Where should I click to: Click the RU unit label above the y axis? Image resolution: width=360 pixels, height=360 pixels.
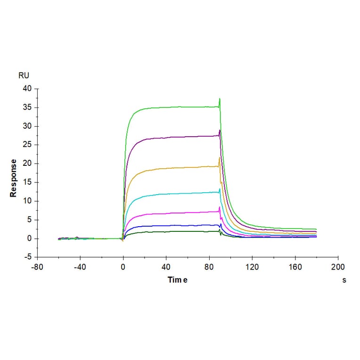tap(23, 75)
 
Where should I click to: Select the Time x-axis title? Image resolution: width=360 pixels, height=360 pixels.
tap(178, 280)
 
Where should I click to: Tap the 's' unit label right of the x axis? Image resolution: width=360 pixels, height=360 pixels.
tap(344, 280)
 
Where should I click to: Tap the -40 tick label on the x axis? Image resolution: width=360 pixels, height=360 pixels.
tap(80, 267)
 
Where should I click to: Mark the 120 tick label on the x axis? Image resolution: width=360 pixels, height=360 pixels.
tap(252, 267)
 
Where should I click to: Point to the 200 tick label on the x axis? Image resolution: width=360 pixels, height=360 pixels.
tap(338, 267)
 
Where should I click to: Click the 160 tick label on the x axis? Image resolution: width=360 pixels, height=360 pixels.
tap(295, 267)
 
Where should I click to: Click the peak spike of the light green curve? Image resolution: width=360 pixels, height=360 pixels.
tap(220, 98)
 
